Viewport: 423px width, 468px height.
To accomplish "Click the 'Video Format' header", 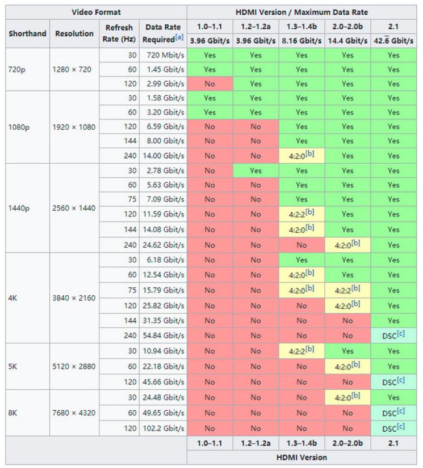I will (95, 11).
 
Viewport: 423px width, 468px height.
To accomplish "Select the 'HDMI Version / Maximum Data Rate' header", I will (301, 11).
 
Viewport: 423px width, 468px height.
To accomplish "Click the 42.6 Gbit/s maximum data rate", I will (393, 41).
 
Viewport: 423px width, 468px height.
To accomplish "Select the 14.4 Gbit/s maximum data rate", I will (347, 41).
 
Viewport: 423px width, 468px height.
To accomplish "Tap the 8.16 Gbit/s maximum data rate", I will (301, 41).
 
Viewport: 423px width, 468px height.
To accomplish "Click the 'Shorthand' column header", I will (28, 34).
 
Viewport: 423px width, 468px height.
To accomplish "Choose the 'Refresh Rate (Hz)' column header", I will (119, 34).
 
